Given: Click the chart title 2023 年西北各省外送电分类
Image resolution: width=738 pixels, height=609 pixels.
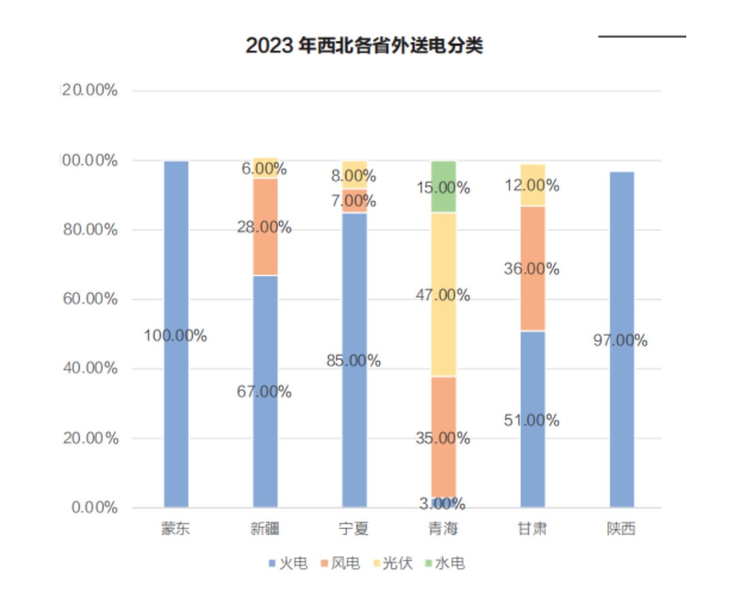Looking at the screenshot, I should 364,46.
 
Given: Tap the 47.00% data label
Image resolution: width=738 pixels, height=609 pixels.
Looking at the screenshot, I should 443,296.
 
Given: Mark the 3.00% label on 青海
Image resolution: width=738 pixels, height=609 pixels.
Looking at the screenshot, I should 443,504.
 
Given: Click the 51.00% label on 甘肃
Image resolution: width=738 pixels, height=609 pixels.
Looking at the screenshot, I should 532,420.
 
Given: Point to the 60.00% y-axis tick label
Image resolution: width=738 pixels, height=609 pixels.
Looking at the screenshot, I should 91,299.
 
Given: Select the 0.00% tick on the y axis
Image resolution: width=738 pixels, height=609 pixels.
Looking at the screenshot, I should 95,507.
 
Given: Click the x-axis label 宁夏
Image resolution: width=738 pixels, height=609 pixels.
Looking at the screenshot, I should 354,529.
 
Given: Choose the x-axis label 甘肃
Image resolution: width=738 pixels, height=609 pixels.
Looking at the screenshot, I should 532,529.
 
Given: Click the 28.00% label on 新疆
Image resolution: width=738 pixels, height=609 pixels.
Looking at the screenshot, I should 264,228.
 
